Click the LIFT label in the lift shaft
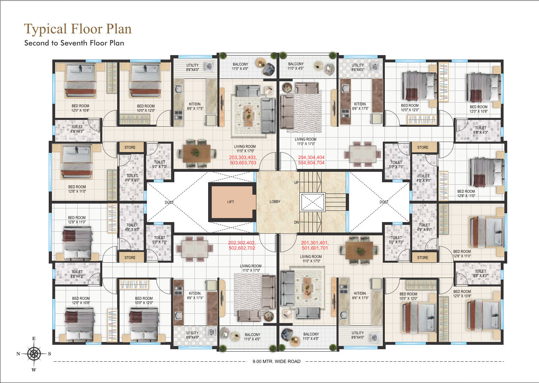[x=231, y=202]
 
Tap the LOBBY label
[x=275, y=202]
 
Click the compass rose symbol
[x=34, y=354]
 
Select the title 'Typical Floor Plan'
[x=78, y=29]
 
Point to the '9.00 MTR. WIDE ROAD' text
[x=277, y=361]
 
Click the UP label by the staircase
[x=296, y=183]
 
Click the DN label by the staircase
[x=296, y=222]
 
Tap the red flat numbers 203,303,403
[x=243, y=157]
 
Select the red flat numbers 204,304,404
[x=311, y=157]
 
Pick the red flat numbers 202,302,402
[x=242, y=243]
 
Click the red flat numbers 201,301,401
[x=315, y=243]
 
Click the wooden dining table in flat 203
[x=196, y=153]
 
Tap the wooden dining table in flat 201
[x=359, y=251]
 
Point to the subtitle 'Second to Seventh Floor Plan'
[x=74, y=43]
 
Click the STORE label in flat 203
[x=130, y=147]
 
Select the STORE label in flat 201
[x=423, y=258]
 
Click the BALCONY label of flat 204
[x=296, y=64]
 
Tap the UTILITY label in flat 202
[x=192, y=333]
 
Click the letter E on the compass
[x=34, y=339]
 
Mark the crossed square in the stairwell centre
[x=313, y=202]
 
